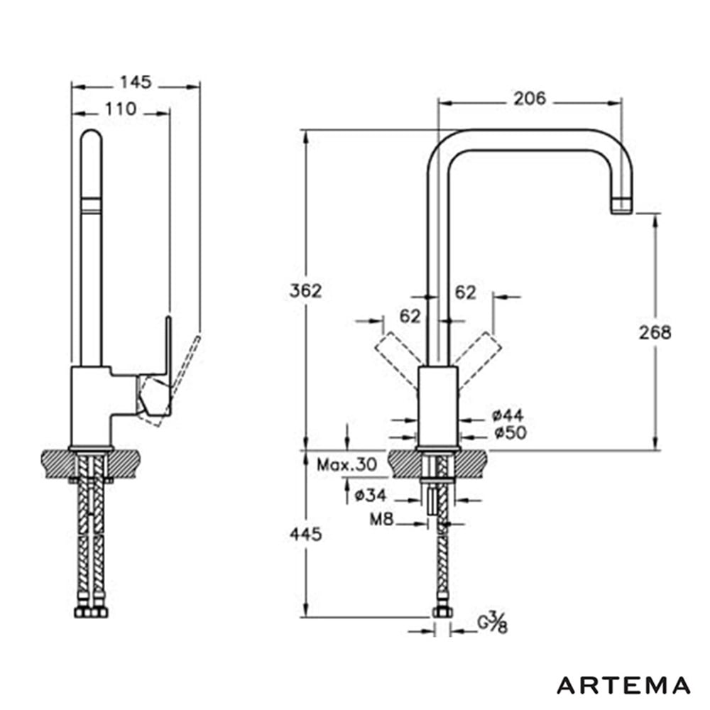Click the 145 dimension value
pyautogui.click(x=136, y=82)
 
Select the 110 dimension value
pyautogui.click(x=121, y=109)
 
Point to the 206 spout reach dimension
pyautogui.click(x=530, y=99)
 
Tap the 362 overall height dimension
pyautogui.click(x=305, y=290)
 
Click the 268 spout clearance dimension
pyautogui.click(x=655, y=333)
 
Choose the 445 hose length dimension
pyautogui.click(x=305, y=535)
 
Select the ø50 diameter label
pyautogui.click(x=510, y=433)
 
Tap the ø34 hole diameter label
pyautogui.click(x=371, y=496)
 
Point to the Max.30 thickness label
pyautogui.click(x=346, y=464)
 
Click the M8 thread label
pyautogui.click(x=381, y=519)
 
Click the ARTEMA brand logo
pyautogui.click(x=623, y=686)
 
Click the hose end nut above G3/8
pyautogui.click(x=442, y=612)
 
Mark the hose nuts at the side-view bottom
pyautogui.click(x=91, y=612)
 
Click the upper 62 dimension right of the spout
pyautogui.click(x=465, y=293)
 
